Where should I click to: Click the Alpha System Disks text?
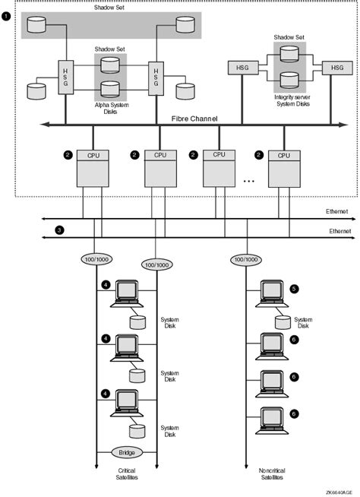110,105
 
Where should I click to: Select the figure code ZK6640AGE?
340,492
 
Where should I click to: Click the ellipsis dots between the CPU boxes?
248,181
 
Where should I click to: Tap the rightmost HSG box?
336,68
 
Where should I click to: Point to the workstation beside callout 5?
271,293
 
